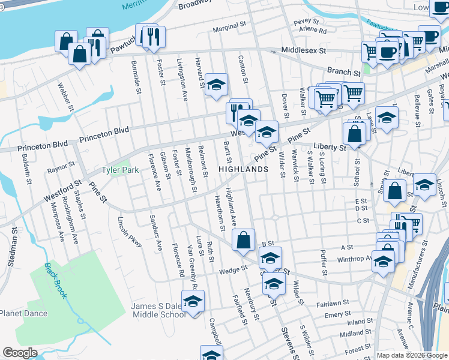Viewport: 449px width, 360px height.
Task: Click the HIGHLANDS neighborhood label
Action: point(243,170)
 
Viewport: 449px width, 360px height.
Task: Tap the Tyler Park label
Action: point(120,170)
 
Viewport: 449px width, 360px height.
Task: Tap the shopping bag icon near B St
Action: point(243,241)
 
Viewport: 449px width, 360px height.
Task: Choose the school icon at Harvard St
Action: point(216,85)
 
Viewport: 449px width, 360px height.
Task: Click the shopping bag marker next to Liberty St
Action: point(355,133)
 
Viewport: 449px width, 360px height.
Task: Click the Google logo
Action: point(20,353)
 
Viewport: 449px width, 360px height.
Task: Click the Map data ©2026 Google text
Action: point(412,355)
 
